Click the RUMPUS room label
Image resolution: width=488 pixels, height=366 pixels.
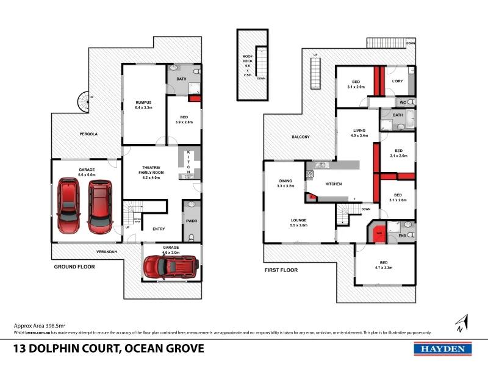pyautogui.click(x=143, y=102)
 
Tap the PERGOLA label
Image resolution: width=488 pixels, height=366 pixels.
pyautogui.click(x=88, y=134)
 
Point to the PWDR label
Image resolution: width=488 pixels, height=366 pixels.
pyautogui.click(x=192, y=222)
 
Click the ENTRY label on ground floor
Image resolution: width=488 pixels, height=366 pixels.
pyautogui.click(x=159, y=229)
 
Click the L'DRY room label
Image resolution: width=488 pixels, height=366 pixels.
pyautogui.click(x=398, y=81)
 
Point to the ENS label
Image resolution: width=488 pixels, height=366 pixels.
pyautogui.click(x=403, y=236)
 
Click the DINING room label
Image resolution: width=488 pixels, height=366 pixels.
pyautogui.click(x=285, y=181)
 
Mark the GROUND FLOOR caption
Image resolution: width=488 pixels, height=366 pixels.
pyautogui.click(x=73, y=267)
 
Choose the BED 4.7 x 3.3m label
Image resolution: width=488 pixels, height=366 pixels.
pyautogui.click(x=383, y=265)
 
